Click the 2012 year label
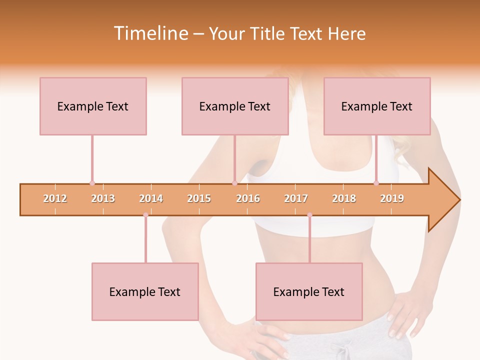tap(55, 198)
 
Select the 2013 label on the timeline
tap(103, 198)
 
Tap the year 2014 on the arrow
tap(151, 198)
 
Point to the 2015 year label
tap(199, 198)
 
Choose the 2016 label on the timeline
tap(248, 198)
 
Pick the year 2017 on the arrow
tap(296, 198)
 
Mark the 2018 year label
tap(344, 198)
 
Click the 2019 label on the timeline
tap(392, 198)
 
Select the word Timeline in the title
tap(150, 33)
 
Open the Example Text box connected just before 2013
tap(93, 106)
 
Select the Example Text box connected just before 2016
tap(235, 106)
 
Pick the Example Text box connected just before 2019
tap(377, 106)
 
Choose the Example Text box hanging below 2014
tap(145, 291)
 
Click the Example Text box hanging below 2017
tap(309, 291)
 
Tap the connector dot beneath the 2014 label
tap(145, 215)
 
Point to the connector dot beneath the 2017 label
tap(309, 215)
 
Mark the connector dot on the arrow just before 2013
tap(92, 183)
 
